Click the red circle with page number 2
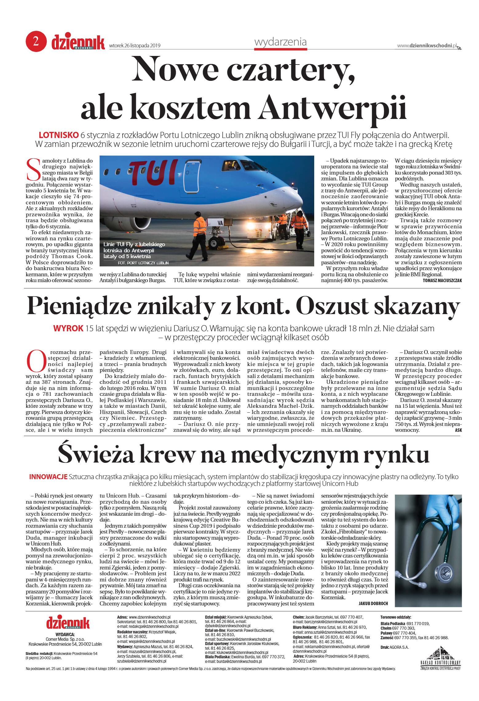[x=36, y=41]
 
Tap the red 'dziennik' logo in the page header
[x=78, y=42]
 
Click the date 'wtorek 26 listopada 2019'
[x=135, y=46]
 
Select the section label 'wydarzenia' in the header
[x=280, y=42]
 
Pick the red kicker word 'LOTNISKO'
[x=59, y=135]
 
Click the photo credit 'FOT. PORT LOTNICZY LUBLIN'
[x=143, y=263]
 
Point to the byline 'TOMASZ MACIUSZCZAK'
[x=442, y=281]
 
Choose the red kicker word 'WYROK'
[x=68, y=328]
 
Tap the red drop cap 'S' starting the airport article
[x=33, y=169]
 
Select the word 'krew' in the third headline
[x=166, y=455]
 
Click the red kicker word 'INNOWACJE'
[x=48, y=477]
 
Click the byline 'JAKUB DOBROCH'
[x=373, y=604]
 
